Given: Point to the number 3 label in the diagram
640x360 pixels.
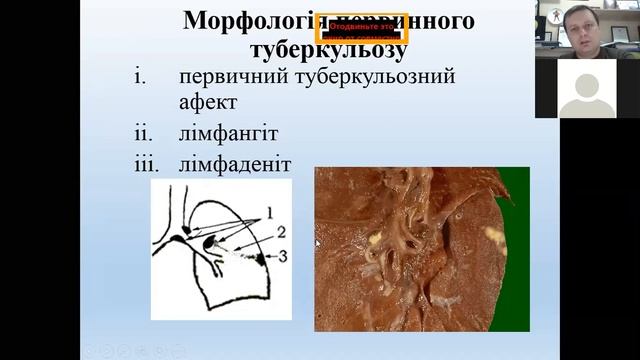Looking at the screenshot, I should pos(284,256).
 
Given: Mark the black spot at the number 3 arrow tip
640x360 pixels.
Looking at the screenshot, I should pos(262,259).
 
